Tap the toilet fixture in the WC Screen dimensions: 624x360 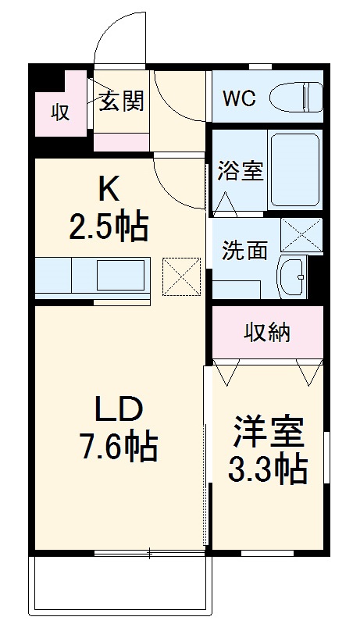(296, 98)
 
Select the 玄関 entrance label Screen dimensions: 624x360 (121, 102)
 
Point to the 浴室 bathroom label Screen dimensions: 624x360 (240, 171)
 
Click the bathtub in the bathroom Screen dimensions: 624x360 (294, 169)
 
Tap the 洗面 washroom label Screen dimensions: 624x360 (244, 251)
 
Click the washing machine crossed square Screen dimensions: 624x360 (301, 234)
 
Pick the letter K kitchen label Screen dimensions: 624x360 (109, 189)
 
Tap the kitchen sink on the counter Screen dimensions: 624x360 (120, 276)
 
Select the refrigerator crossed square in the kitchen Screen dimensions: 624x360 (182, 276)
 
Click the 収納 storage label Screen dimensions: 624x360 (267, 333)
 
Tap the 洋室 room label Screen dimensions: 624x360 (266, 432)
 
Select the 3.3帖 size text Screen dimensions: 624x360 (266, 469)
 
